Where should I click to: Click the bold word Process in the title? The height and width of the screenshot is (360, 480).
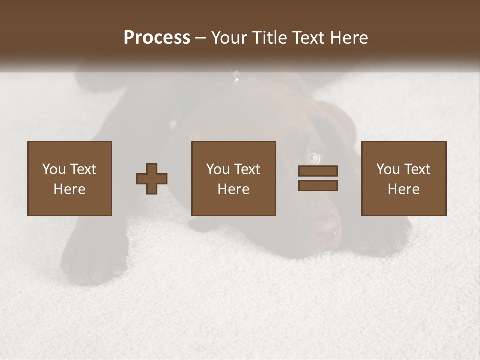click(157, 37)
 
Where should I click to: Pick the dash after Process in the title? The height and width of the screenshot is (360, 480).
click(201, 38)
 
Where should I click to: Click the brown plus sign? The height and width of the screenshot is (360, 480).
click(152, 179)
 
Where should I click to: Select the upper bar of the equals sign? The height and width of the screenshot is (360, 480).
click(318, 171)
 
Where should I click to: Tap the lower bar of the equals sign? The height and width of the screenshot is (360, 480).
click(318, 186)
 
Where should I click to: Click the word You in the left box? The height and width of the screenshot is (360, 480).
click(54, 169)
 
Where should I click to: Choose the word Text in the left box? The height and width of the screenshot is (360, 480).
click(83, 169)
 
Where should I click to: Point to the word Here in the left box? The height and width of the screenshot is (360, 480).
click(69, 189)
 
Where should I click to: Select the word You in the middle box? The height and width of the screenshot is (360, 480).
click(218, 169)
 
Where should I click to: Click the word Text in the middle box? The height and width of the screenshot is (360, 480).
click(247, 169)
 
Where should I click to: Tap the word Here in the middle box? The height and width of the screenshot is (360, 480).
click(233, 189)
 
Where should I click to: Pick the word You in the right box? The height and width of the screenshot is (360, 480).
click(388, 169)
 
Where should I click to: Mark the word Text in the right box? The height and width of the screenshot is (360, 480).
click(417, 169)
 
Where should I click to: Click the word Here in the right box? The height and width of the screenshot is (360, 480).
click(403, 189)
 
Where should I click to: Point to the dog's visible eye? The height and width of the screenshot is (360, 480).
click(314, 157)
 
